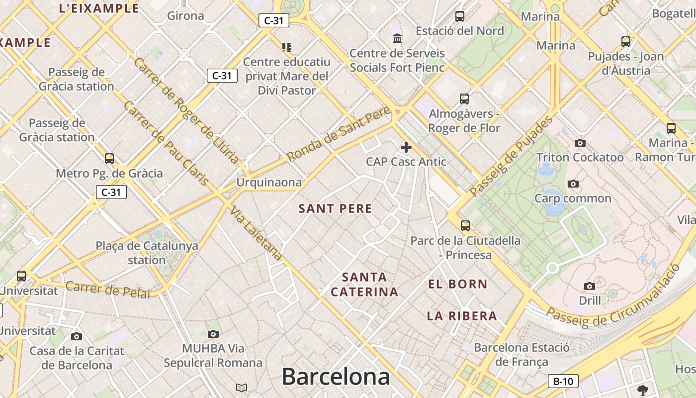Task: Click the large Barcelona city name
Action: (x=336, y=377)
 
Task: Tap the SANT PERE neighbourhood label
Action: (x=335, y=209)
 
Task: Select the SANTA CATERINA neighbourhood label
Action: (x=364, y=285)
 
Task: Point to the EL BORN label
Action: (x=458, y=284)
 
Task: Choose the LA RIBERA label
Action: (x=462, y=316)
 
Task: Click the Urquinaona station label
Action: (x=269, y=182)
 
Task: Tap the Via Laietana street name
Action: (x=256, y=233)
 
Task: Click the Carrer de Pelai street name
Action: (x=107, y=290)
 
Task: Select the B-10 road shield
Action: (x=563, y=382)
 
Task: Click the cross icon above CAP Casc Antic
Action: (x=406, y=147)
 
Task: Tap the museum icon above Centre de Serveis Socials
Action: (x=397, y=38)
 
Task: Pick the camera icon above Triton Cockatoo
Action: (x=580, y=143)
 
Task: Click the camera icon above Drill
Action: (x=590, y=286)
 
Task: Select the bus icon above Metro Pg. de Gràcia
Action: (x=109, y=159)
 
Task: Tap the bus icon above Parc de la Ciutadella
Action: (x=465, y=226)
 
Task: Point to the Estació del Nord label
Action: (x=460, y=31)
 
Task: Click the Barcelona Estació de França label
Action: (x=522, y=354)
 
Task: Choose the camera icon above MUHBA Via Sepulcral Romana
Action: (x=213, y=334)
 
